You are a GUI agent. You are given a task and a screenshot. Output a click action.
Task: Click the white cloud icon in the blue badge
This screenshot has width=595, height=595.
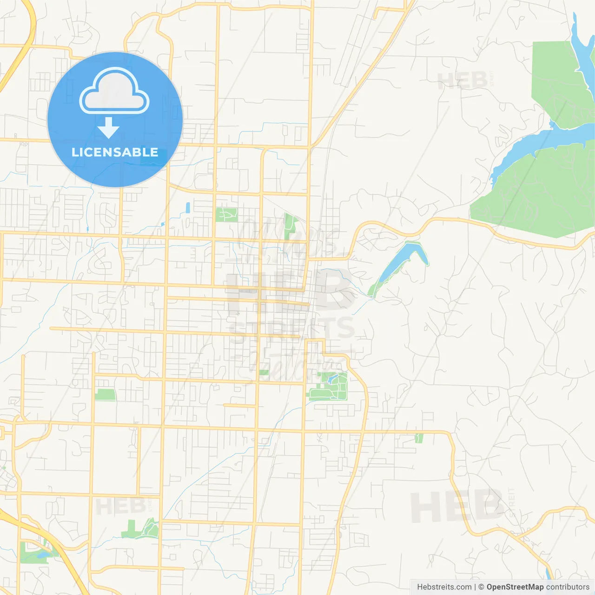tap(114, 92)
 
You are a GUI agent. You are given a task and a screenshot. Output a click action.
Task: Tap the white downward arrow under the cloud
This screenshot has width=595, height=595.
tap(108, 128)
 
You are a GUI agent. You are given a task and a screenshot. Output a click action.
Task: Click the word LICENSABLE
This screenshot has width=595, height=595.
tap(115, 152)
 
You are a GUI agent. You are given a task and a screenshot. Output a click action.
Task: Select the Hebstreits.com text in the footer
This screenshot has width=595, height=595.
tap(444, 587)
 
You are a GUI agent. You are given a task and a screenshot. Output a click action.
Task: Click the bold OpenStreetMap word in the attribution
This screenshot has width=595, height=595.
tap(515, 587)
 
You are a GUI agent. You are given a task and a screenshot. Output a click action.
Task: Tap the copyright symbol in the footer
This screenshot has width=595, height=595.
tap(481, 587)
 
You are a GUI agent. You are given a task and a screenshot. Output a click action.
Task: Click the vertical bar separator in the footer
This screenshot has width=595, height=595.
tap(475, 587)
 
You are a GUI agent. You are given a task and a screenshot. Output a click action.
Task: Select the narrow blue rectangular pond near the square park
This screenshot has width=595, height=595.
tap(188, 207)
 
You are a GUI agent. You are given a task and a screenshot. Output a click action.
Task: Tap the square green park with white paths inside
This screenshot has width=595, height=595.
tap(226, 215)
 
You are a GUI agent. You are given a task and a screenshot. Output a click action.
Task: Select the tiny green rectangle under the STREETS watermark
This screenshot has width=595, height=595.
tap(264, 372)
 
